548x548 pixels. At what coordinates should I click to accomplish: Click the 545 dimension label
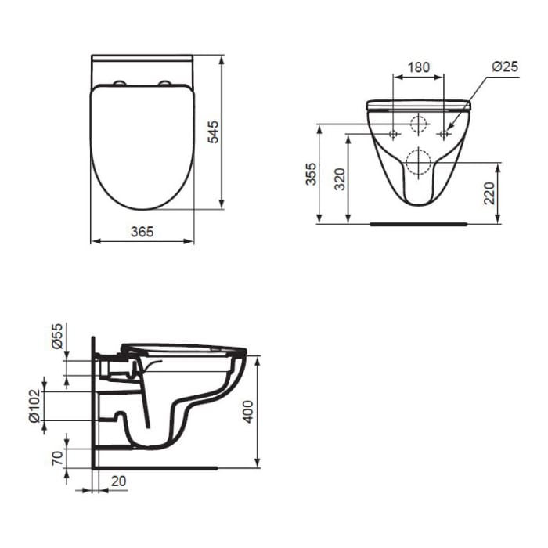pos(212,132)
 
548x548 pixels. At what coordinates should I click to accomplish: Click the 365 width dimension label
pos(142,231)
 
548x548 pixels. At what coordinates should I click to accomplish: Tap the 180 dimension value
pos(420,67)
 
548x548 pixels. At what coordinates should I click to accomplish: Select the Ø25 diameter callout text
pos(505,67)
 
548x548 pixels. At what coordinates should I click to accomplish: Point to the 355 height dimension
pos(311,174)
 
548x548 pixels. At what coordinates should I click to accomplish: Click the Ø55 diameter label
pos(56,334)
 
